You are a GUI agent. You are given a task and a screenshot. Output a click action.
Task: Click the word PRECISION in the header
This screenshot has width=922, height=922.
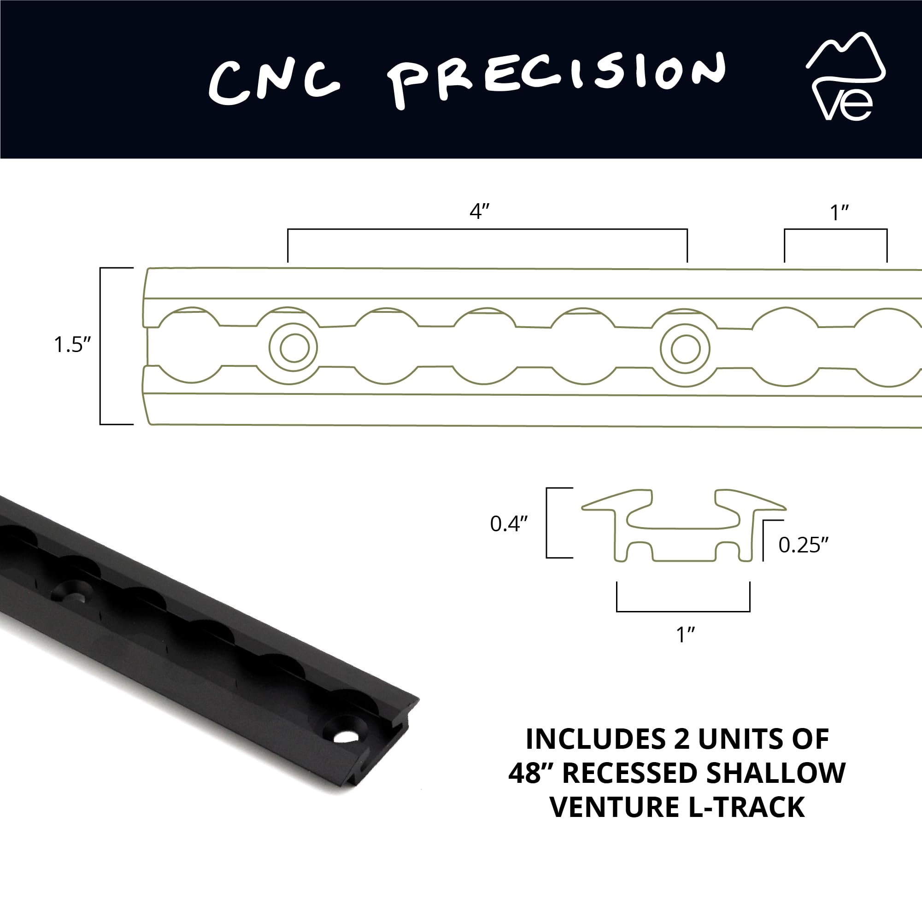tap(557, 79)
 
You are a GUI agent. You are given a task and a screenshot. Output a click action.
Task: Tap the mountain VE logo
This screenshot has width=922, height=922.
tap(845, 76)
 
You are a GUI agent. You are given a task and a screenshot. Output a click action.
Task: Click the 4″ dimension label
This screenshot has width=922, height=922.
tap(480, 211)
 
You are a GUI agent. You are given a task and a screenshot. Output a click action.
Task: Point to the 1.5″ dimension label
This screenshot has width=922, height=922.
tap(72, 345)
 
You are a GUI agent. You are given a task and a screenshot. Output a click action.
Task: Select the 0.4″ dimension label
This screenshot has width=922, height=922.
tap(509, 523)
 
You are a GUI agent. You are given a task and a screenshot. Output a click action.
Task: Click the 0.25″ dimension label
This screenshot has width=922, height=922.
tap(804, 545)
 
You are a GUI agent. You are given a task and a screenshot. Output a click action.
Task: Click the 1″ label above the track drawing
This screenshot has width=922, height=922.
tap(840, 213)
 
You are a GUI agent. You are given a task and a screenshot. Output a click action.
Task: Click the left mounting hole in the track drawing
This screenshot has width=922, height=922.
tap(294, 347)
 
